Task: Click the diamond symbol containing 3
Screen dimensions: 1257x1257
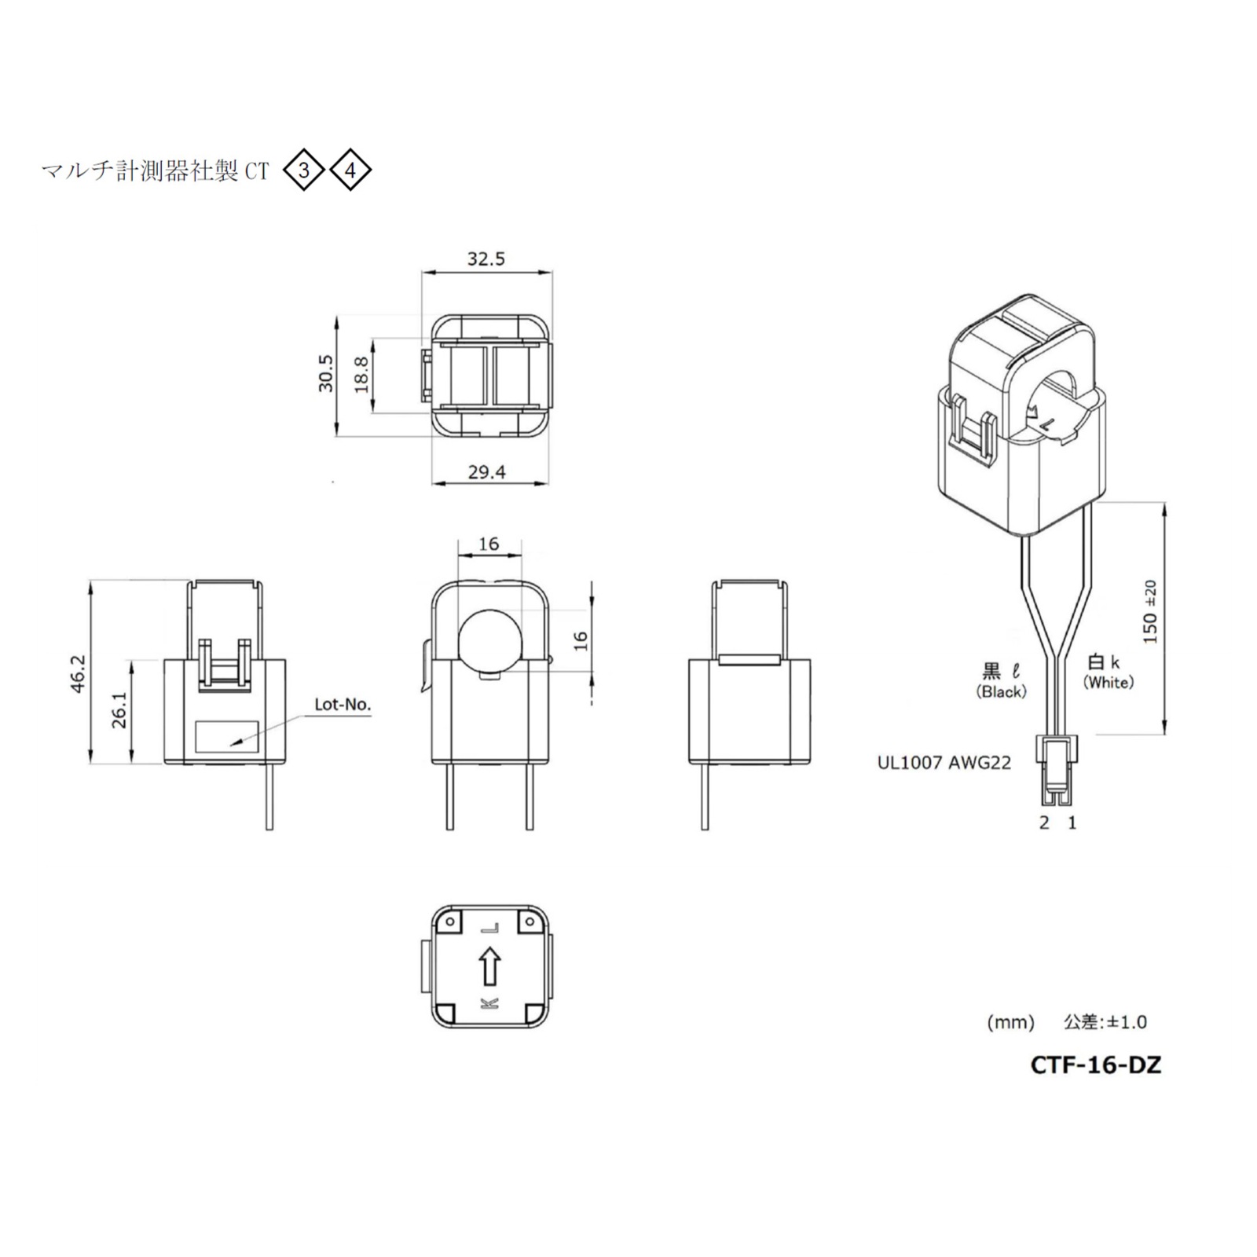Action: (303, 170)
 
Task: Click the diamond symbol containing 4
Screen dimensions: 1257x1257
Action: (350, 170)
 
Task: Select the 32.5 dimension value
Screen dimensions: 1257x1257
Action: (486, 259)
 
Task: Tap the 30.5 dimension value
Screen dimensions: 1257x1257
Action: (325, 373)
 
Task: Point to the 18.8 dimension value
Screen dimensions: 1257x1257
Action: (361, 374)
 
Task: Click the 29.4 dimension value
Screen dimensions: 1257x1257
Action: (486, 472)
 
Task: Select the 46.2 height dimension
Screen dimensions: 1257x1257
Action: (77, 673)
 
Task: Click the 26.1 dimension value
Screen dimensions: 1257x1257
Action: (119, 710)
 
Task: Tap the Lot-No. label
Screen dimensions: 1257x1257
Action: (343, 705)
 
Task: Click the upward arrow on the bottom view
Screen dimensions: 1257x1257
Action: (489, 965)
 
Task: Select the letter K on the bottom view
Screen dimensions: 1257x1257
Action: (489, 1003)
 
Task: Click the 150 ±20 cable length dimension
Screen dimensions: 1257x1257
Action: (1150, 612)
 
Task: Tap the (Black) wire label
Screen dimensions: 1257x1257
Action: (1001, 692)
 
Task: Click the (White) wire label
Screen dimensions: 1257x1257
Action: (1109, 683)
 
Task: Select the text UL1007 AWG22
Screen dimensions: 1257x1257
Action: (944, 762)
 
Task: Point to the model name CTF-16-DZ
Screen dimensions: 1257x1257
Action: (1095, 1065)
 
